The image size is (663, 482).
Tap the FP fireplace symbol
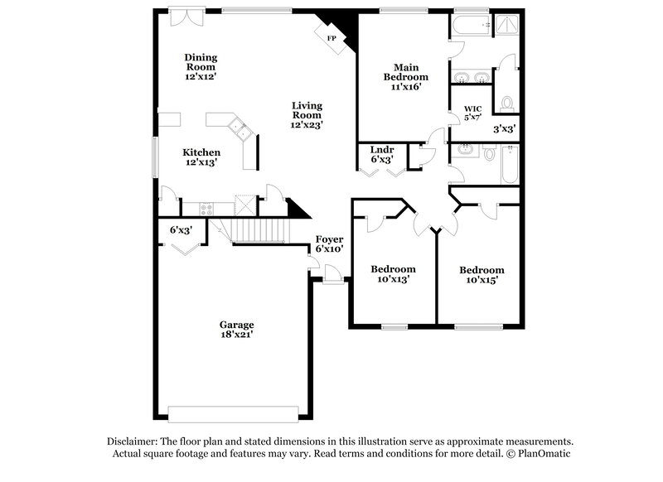coord(331,39)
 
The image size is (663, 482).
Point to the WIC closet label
coord(472,108)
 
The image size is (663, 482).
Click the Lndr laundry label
coord(381,150)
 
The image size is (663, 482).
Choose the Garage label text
coord(237,325)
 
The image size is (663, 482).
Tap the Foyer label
coord(329,239)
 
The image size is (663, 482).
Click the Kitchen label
coord(201,152)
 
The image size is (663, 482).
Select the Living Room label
coord(307,106)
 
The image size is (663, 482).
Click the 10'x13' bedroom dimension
coord(393,280)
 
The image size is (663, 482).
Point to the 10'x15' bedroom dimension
coord(482,280)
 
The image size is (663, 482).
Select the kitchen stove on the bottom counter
coord(202,208)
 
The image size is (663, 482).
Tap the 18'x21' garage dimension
coord(237,335)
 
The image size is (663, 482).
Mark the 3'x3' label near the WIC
coord(505,129)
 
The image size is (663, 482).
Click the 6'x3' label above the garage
coord(181,231)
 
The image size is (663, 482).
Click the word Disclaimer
coord(133,441)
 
